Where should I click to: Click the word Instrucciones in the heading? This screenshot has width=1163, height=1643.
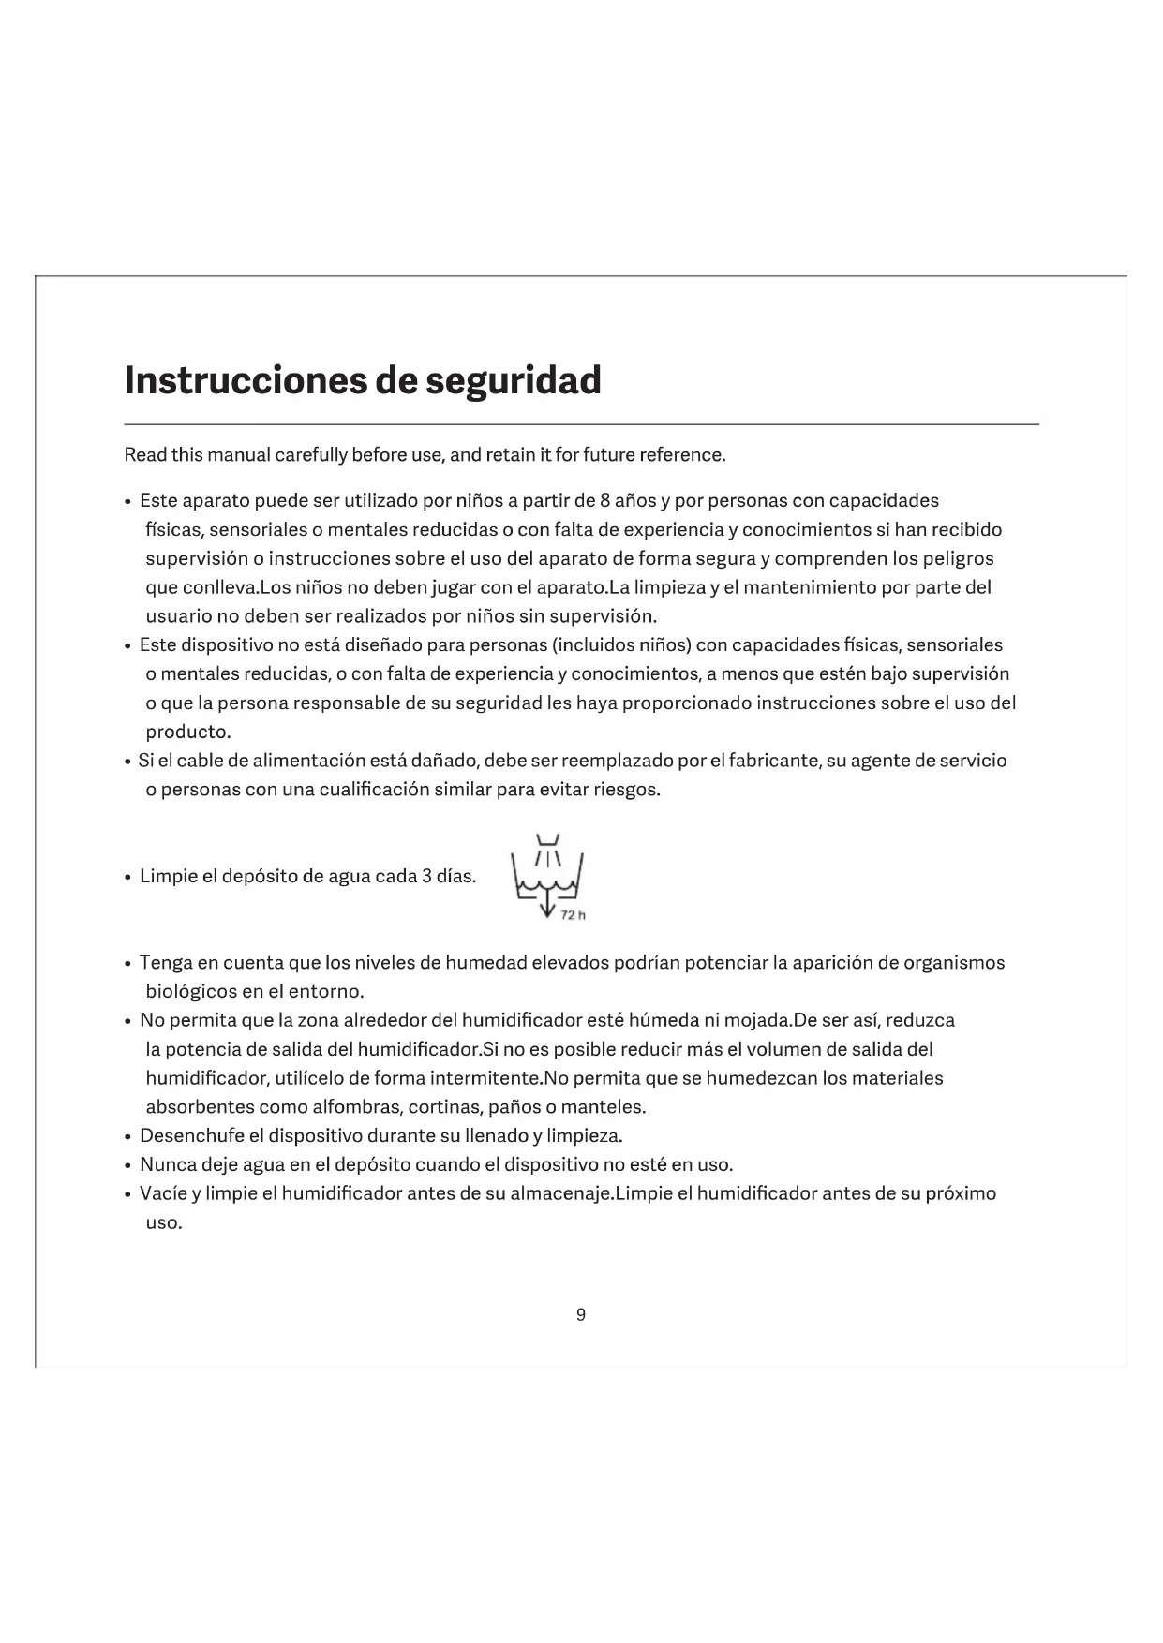coord(246,380)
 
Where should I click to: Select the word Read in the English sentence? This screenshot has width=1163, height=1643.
coord(145,455)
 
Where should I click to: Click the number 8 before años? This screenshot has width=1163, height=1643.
coord(605,501)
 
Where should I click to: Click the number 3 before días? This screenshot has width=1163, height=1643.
coord(425,877)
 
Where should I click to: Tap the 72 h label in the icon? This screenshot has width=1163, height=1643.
coord(573,915)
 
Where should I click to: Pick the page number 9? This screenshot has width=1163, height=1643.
coord(581,1315)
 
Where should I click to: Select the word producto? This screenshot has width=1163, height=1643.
coord(187,732)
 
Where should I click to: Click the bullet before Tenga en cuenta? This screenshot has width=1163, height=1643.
coord(127,964)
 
